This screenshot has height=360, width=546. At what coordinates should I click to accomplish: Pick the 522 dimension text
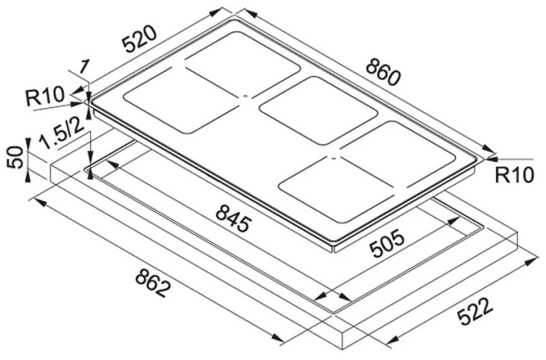point(473,312)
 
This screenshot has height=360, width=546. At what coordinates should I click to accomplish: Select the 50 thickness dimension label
point(14,158)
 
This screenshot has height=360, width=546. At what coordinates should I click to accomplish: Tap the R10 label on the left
point(45,96)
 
